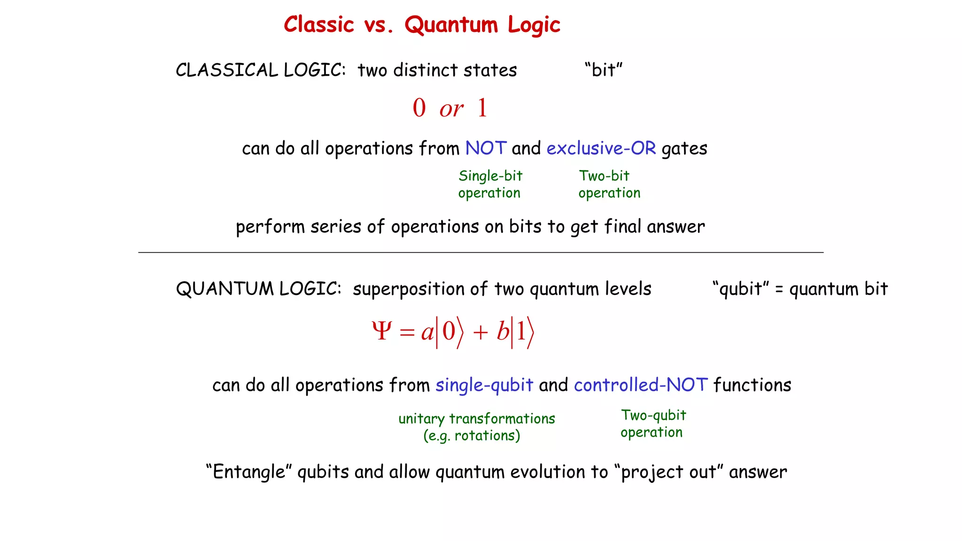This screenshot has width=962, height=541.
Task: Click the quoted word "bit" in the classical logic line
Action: coord(604,70)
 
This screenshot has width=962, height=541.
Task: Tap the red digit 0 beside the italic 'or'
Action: coord(419,108)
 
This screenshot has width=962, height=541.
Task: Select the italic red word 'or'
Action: coord(451,109)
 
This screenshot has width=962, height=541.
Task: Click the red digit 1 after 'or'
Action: coord(482,108)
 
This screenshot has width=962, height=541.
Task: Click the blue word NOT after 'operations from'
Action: coord(486,148)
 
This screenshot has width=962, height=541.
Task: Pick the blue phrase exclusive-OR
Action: coord(601,148)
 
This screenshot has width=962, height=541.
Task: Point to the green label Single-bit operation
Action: coord(490,184)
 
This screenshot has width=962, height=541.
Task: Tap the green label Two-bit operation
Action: coord(609,184)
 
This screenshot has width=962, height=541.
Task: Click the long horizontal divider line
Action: coord(481,253)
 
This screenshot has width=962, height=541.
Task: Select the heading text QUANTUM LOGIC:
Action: coord(259,289)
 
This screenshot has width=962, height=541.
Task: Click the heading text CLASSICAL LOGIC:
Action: coord(261,70)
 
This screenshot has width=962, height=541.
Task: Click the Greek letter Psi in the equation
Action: coord(381,331)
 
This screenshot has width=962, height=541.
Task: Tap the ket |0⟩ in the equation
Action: coord(450,332)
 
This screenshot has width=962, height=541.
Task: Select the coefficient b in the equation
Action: coord(503,332)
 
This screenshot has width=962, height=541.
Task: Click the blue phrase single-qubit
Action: coord(484,385)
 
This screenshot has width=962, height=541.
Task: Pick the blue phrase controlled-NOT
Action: coord(641,385)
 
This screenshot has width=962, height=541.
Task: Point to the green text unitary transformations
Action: coord(476,418)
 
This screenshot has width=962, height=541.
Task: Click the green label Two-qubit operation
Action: coord(652,424)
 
